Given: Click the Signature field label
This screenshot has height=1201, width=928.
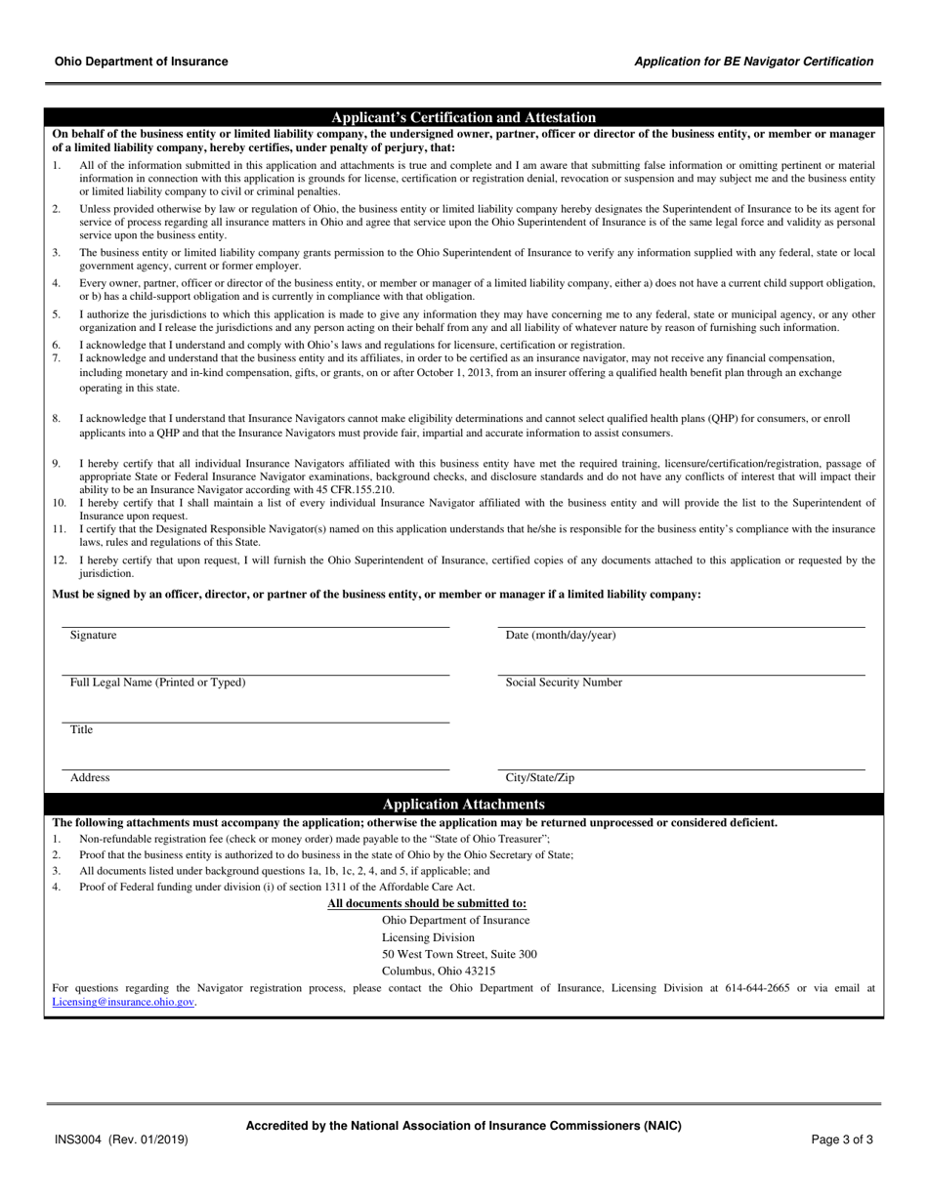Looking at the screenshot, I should (x=93, y=636).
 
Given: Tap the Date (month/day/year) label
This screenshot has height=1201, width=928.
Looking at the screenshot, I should (x=560, y=636).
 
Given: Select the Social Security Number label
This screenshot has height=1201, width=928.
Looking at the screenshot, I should (x=563, y=683).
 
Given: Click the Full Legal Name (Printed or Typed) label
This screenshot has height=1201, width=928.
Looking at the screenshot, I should (x=157, y=683).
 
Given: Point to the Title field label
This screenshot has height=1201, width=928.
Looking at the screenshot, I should (x=81, y=730).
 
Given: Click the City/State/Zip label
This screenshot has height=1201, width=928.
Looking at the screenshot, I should (x=539, y=778).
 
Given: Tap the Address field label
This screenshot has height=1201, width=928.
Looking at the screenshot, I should (x=90, y=778).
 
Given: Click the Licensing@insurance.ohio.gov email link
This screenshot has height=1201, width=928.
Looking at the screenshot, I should (x=123, y=1002).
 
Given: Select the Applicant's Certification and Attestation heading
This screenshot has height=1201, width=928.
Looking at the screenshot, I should (x=463, y=117).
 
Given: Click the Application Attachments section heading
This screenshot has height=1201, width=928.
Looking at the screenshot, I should (x=463, y=805).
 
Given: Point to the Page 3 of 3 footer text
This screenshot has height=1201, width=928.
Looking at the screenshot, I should (x=842, y=1139).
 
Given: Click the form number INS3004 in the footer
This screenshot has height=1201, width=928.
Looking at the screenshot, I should (x=79, y=1139).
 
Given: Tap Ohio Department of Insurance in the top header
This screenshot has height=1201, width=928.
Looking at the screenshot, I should (x=142, y=62).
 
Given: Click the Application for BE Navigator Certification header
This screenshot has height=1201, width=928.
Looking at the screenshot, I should (x=753, y=62).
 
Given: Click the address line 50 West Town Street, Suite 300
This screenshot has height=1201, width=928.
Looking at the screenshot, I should (x=459, y=954).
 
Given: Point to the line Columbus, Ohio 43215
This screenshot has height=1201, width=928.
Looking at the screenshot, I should (x=439, y=972).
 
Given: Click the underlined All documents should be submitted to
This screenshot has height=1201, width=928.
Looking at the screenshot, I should (x=427, y=904).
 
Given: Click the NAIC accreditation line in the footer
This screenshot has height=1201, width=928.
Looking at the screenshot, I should (x=463, y=1126).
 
